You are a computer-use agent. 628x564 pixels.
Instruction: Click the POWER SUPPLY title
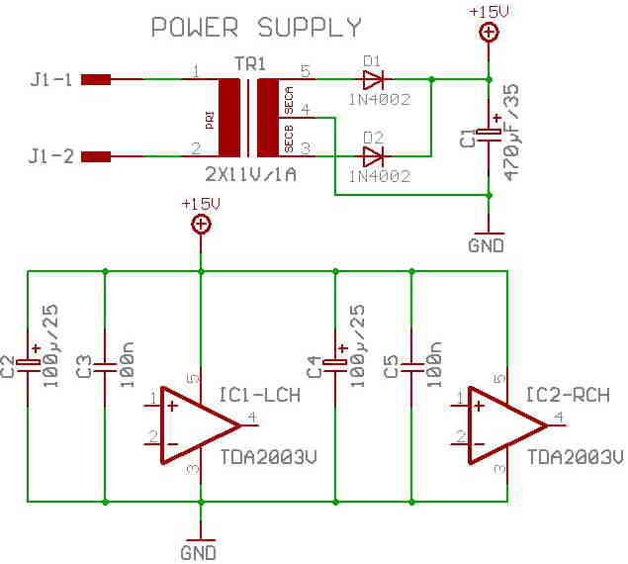click(x=256, y=28)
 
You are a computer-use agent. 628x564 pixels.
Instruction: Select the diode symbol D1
click(x=373, y=79)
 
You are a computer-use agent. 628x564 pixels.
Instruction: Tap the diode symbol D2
click(x=373, y=156)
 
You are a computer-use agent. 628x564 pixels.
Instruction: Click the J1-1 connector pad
click(x=96, y=79)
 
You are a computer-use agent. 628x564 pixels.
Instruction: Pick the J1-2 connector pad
click(x=96, y=156)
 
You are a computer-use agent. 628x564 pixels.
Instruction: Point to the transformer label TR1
click(x=249, y=64)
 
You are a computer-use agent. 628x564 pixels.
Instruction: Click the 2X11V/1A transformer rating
click(x=251, y=174)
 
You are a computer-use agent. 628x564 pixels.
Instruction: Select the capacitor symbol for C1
click(x=489, y=135)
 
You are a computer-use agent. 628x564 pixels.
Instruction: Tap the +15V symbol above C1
click(x=489, y=32)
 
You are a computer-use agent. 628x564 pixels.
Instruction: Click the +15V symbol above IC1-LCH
click(x=201, y=225)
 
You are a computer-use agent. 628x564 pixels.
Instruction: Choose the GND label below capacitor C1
click(x=487, y=245)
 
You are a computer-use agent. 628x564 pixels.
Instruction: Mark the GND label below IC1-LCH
click(x=198, y=553)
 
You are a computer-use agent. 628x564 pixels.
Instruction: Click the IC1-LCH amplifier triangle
click(x=199, y=425)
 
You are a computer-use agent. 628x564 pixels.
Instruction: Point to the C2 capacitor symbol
click(x=28, y=364)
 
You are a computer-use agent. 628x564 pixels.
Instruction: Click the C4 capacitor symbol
click(x=335, y=364)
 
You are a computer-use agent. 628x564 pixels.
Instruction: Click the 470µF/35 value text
click(x=511, y=133)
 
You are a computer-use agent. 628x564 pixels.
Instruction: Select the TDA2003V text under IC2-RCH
click(x=576, y=457)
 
